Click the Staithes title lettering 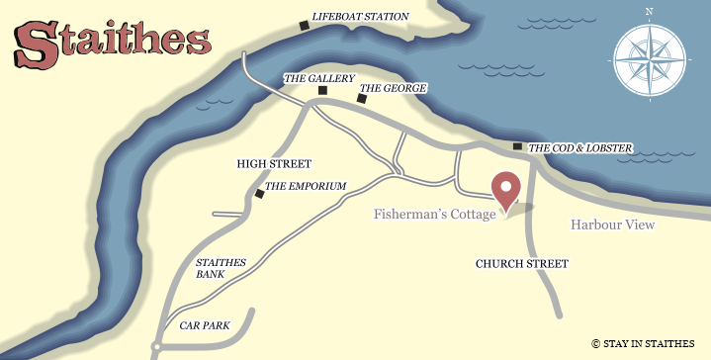point(112,42)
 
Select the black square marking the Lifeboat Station point(304,26)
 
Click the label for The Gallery point(318,78)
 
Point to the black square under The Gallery point(321,91)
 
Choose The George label point(393,88)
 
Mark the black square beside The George point(359,99)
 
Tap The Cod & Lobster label point(579,148)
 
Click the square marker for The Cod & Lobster point(517,146)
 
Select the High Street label point(274,164)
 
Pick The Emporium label point(306,186)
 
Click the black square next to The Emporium point(259,194)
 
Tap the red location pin point(506,190)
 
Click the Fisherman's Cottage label point(434,215)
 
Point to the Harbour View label point(612,225)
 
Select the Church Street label point(521,264)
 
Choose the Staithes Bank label point(221,269)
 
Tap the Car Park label point(204,324)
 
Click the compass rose point(648,58)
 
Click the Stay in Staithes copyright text point(643,343)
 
